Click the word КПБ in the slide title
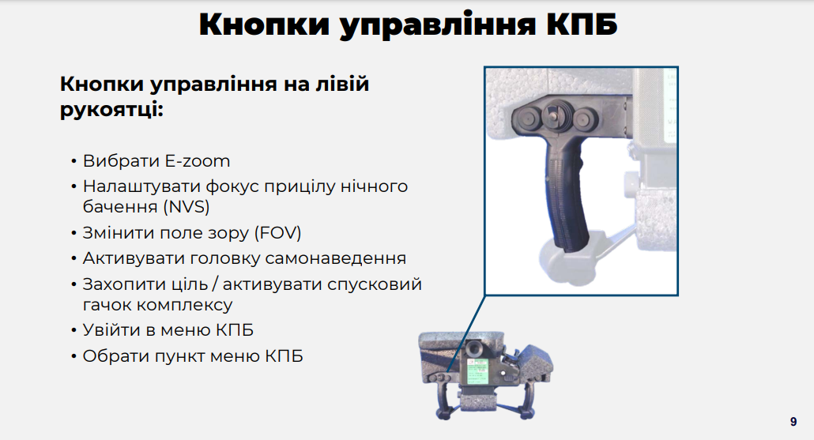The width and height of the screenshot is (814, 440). tap(582, 24)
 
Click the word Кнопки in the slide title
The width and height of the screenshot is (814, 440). tap(264, 24)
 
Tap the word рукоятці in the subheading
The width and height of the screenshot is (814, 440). tap(111, 110)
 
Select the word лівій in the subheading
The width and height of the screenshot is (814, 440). tap(342, 84)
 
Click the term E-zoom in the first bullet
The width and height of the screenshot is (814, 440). tap(198, 161)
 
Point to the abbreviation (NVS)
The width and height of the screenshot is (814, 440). tap(187, 206)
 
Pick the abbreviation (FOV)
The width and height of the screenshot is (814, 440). tap(277, 232)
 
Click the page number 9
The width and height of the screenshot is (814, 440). tap(793, 422)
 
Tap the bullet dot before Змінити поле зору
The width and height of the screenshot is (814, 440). tap(73, 233)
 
